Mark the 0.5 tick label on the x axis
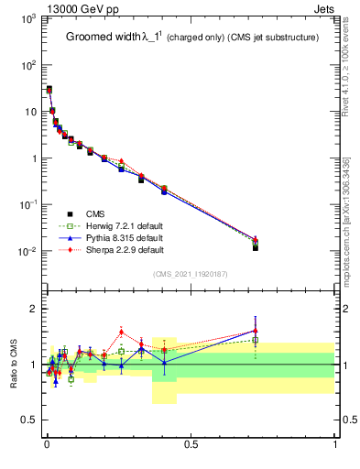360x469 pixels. (191, 445)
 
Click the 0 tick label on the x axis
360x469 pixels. (47, 445)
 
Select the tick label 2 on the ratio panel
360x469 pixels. (33, 309)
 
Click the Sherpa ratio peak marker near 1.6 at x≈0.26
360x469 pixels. (121, 333)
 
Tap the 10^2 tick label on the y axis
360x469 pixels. (27, 65)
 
